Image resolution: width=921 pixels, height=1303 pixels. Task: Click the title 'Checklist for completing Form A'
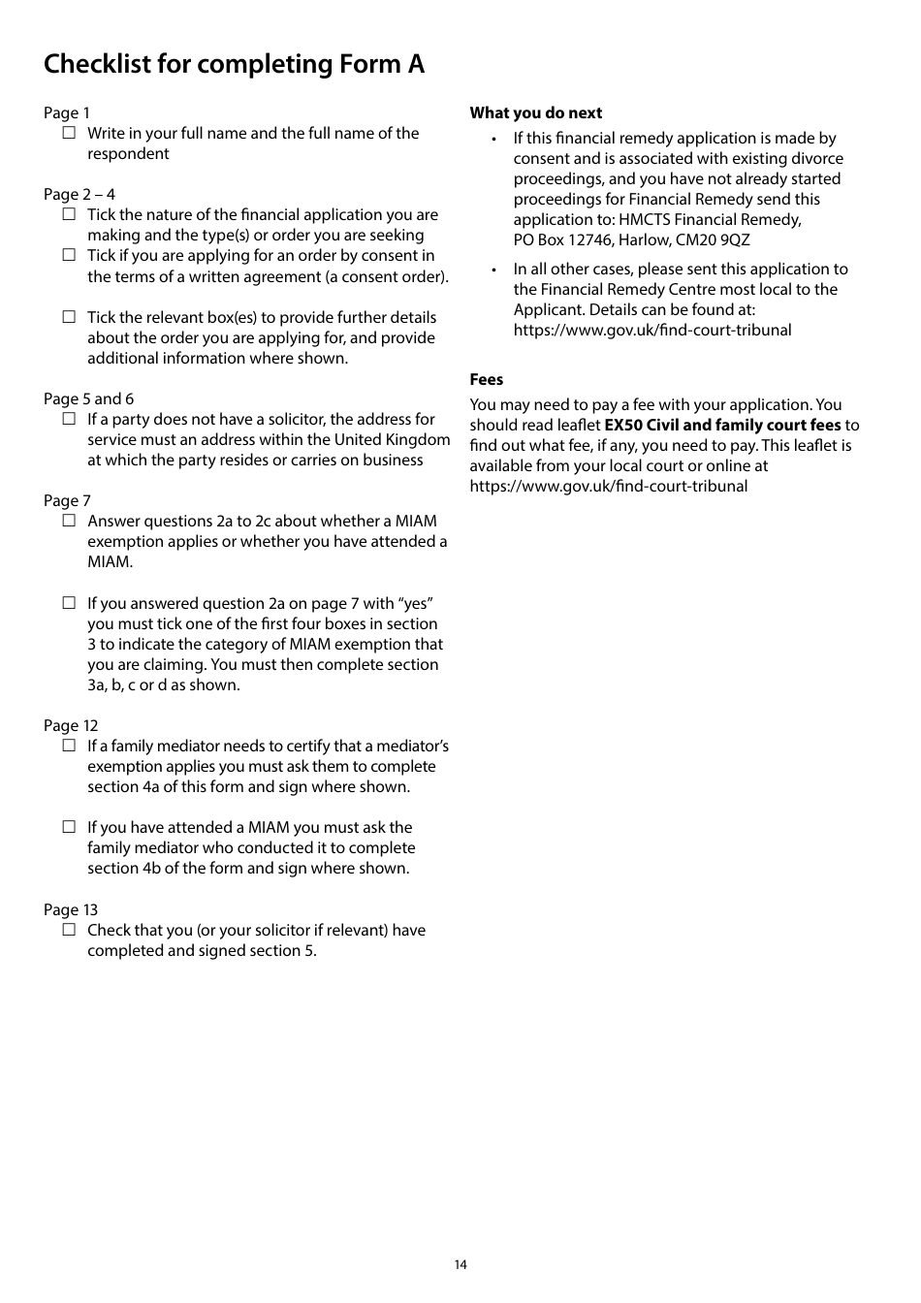pyautogui.click(x=234, y=64)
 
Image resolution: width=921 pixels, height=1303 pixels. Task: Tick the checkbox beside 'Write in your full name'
pyautogui.click(x=69, y=133)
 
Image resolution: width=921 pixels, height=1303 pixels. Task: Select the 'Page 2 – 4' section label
pyautogui.click(x=79, y=194)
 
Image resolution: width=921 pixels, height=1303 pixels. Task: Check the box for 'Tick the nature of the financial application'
pyautogui.click(x=69, y=214)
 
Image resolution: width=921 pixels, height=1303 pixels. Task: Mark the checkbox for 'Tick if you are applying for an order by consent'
pyautogui.click(x=69, y=255)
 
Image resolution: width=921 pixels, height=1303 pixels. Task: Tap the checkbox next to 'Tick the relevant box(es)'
pyautogui.click(x=69, y=317)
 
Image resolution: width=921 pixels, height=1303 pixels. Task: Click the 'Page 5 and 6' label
pyautogui.click(x=89, y=398)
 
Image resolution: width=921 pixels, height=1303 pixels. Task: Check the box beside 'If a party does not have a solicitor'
pyautogui.click(x=69, y=419)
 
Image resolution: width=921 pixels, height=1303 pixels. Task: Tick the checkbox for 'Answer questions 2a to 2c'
pyautogui.click(x=69, y=521)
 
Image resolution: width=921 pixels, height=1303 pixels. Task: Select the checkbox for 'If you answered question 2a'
pyautogui.click(x=69, y=603)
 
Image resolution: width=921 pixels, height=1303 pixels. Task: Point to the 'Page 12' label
pyautogui.click(x=71, y=725)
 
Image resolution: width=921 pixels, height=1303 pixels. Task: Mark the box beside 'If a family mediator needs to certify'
pyautogui.click(x=69, y=746)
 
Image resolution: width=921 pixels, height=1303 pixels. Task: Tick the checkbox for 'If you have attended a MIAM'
pyautogui.click(x=69, y=827)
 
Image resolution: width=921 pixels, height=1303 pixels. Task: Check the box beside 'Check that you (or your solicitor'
pyautogui.click(x=69, y=930)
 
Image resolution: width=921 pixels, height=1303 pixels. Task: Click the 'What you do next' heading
pyautogui.click(x=536, y=112)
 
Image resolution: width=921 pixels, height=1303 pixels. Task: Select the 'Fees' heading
pyautogui.click(x=487, y=379)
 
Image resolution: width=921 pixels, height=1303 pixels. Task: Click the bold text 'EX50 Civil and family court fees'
pyautogui.click(x=722, y=425)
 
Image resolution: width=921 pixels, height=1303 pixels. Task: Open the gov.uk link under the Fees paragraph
pyautogui.click(x=609, y=486)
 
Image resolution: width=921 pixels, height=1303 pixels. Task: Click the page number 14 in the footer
pyautogui.click(x=460, y=1264)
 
